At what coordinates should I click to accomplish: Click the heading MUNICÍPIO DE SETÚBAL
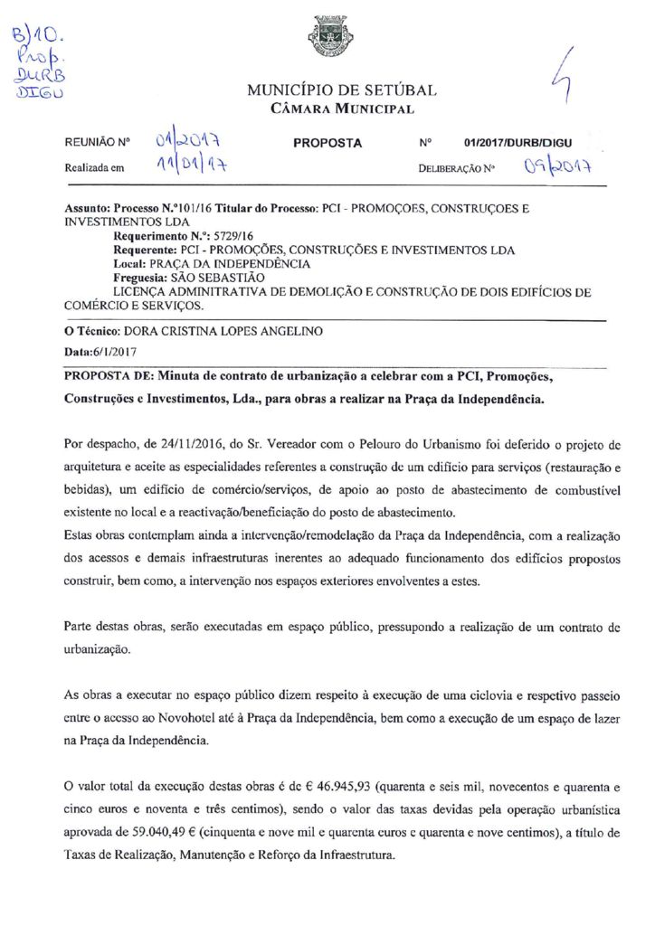click(x=341, y=90)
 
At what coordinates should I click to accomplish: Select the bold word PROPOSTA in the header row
click(x=327, y=143)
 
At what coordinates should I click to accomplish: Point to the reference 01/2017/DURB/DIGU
click(x=517, y=143)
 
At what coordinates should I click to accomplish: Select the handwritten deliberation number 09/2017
click(x=557, y=167)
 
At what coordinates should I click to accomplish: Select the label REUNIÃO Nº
click(x=98, y=143)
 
